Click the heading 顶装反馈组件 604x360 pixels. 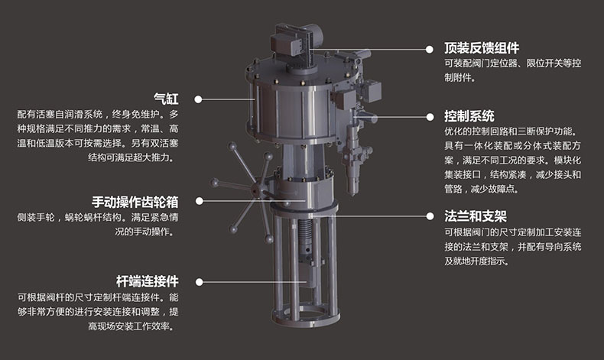click(x=482, y=48)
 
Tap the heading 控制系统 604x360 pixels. click(x=469, y=116)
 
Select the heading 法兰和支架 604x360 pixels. click(x=476, y=216)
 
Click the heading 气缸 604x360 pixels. click(x=166, y=99)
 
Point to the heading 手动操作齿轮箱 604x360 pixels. click(x=135, y=202)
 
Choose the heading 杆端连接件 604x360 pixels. click(x=148, y=281)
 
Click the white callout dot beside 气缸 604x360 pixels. click(x=198, y=99)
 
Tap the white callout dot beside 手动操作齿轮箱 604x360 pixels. click(x=199, y=201)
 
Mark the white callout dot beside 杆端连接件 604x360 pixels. click(x=199, y=282)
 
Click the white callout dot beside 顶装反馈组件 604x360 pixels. click(x=430, y=49)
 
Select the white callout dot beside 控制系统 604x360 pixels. click(x=430, y=117)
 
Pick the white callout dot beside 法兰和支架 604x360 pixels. click(x=430, y=216)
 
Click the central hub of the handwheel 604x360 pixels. click(x=256, y=190)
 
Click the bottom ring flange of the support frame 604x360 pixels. click(x=307, y=316)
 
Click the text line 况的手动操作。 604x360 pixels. click(x=145, y=232)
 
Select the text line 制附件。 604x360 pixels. click(x=460, y=77)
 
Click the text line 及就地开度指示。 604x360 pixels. click(x=477, y=261)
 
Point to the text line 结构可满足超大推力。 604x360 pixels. click(x=132, y=157)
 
